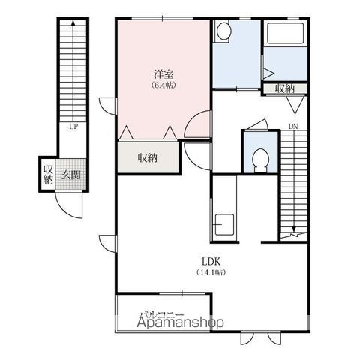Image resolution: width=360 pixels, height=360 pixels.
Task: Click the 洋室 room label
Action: coord(163,73)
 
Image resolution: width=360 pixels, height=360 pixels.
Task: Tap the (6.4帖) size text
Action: coord(163,85)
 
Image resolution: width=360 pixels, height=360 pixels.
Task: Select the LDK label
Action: coord(211,262)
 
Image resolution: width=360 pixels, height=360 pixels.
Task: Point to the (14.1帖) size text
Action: coord(211,272)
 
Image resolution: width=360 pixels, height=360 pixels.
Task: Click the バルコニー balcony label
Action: coord(163,314)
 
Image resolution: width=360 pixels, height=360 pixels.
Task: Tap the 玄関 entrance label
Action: coord(71,175)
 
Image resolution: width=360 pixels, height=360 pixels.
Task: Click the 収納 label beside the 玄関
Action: coord(48,175)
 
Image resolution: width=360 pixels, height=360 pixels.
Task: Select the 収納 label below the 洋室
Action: coord(148,157)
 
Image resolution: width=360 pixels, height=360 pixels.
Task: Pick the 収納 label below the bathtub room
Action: coord(285,88)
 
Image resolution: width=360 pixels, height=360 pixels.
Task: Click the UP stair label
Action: coord(73,127)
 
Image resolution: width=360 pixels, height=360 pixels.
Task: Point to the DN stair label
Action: coord(293,127)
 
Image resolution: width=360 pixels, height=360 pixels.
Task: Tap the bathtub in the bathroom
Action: coord(285,33)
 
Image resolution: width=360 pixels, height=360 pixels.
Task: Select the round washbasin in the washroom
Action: coord(223,31)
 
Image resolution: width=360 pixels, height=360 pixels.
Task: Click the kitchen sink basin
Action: coord(224,225)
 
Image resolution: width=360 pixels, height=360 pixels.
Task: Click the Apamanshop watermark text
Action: coord(180,322)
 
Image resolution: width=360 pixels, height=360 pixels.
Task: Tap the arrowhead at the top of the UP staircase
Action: coord(73,22)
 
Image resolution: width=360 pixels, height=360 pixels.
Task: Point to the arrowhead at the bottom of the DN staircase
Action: coord(294,229)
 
